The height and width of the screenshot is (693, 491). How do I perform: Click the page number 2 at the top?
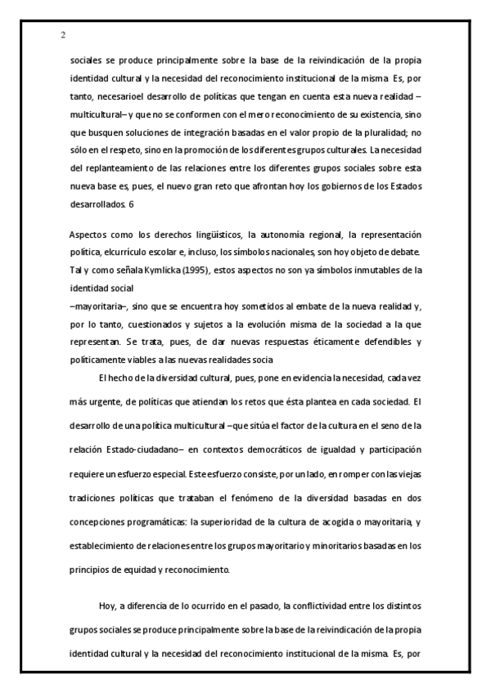63,35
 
